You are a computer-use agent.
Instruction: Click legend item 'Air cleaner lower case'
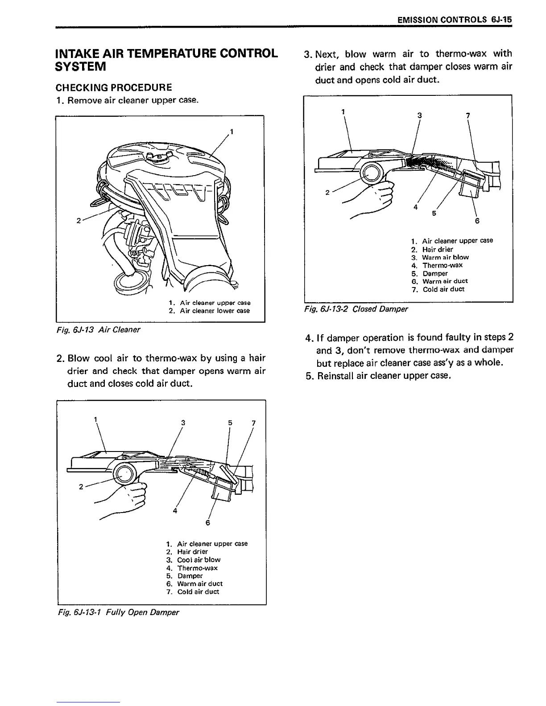pyautogui.click(x=215, y=311)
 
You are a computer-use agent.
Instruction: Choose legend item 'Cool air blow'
pyautogui.click(x=199, y=560)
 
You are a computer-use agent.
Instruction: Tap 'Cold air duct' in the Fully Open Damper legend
pyautogui.click(x=198, y=592)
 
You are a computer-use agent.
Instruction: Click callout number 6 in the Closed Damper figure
pyautogui.click(x=477, y=221)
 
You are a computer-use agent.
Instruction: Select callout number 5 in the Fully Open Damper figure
pyautogui.click(x=230, y=423)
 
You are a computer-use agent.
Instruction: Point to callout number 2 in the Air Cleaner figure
pyautogui.click(x=79, y=221)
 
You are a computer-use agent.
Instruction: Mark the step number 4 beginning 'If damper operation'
pyautogui.click(x=308, y=337)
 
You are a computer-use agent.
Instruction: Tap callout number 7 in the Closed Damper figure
pyautogui.click(x=467, y=115)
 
